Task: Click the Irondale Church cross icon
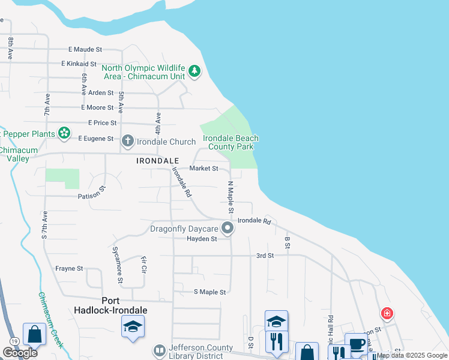point(127,141)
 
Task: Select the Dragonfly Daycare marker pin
point(228,228)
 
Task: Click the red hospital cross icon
point(387,313)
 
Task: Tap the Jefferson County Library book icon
point(159,350)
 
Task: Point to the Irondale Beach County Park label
point(231,142)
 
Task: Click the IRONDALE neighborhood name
point(157,161)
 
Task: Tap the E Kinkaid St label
point(79,64)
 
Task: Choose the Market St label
point(203,169)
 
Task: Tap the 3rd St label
point(265,256)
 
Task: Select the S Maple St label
point(209,292)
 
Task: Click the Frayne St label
point(69,269)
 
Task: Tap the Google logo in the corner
point(20,353)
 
